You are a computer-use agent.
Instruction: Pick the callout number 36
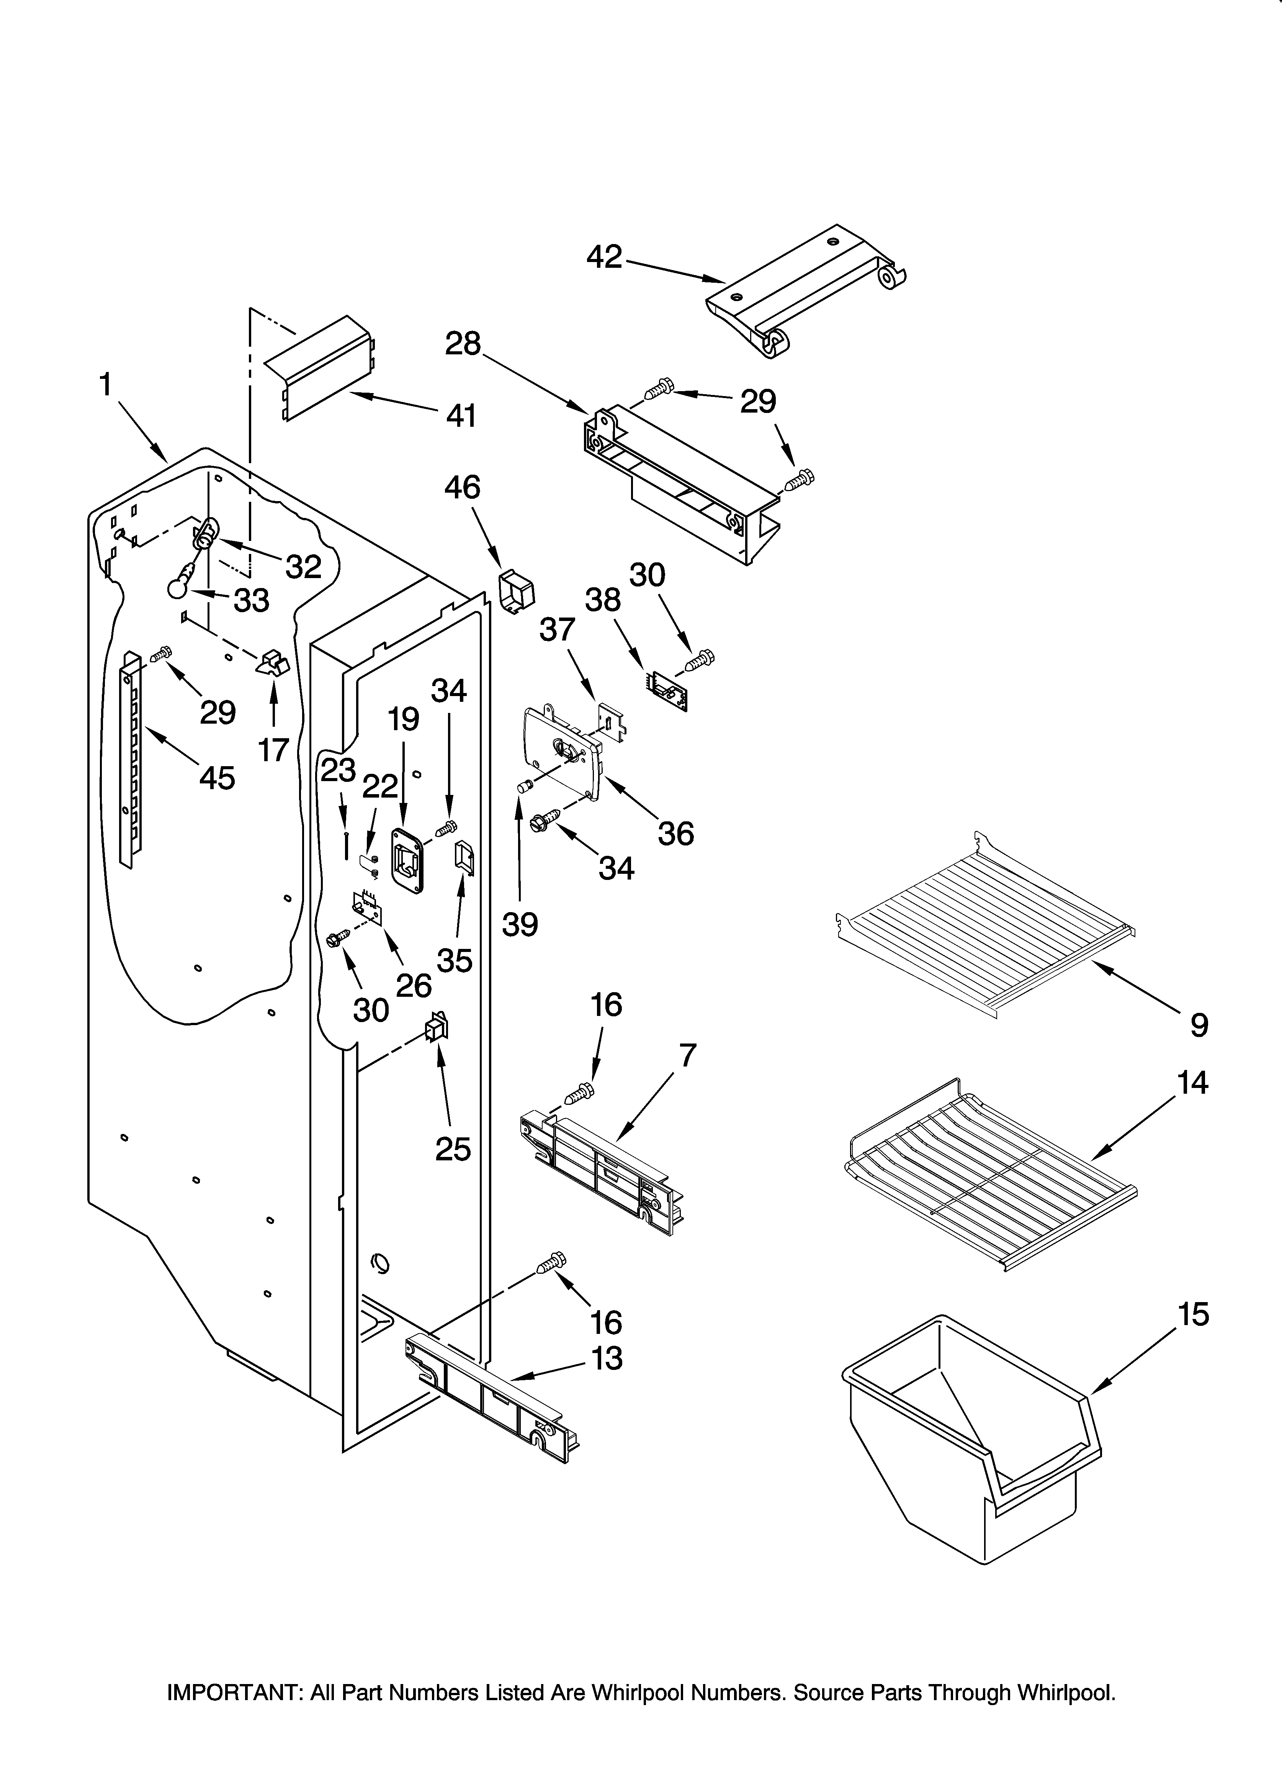pos(675,834)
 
